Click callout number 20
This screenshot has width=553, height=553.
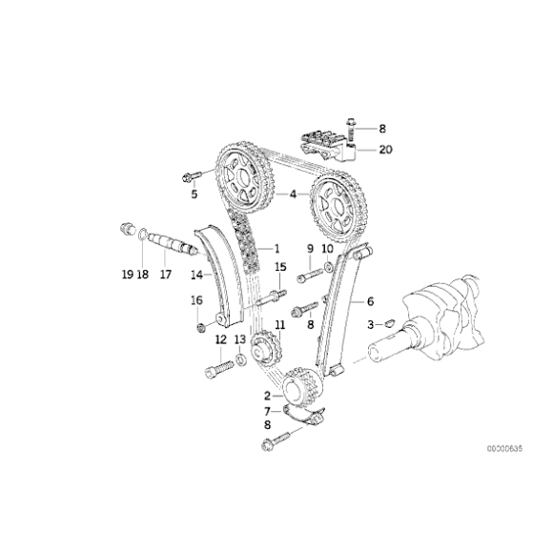[x=384, y=149]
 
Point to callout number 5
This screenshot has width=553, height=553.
[x=194, y=195]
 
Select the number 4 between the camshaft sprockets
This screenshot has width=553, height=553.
[x=294, y=195]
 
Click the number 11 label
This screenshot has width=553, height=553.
[x=279, y=326]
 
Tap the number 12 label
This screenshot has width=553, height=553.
[x=220, y=338]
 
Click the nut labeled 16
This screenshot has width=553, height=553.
[x=200, y=328]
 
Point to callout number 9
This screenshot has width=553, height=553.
[x=310, y=250]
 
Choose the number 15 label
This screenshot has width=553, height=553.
[x=280, y=266]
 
